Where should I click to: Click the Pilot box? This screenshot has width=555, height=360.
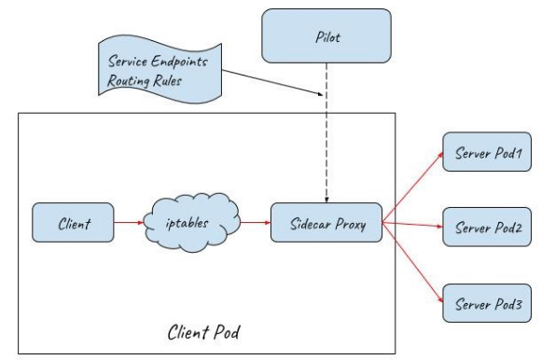(326, 36)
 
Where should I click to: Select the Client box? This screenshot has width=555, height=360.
(74, 223)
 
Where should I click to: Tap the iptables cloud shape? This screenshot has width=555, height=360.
(191, 222)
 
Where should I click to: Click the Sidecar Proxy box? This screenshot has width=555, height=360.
(326, 223)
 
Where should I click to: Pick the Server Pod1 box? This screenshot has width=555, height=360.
(487, 152)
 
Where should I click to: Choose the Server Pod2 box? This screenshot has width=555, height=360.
(487, 227)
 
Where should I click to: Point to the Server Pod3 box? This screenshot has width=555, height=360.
(487, 303)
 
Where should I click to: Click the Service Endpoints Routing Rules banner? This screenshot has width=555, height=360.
(160, 70)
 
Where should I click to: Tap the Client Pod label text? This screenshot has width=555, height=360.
(203, 332)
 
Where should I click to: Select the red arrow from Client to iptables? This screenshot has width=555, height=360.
(129, 223)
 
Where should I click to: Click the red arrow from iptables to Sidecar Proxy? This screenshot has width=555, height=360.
(256, 223)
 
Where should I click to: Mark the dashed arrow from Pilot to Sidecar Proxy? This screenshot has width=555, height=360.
(326, 133)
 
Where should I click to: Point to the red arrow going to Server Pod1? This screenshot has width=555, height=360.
(412, 187)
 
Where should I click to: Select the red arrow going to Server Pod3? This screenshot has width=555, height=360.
(412, 262)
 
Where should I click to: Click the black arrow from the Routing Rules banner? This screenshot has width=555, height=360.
(272, 82)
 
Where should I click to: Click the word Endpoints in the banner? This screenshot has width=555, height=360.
(179, 62)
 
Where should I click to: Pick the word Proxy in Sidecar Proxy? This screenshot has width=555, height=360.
(351, 225)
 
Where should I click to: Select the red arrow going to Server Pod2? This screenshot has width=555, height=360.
(412, 225)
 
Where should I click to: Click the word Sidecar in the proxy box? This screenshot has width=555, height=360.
(311, 224)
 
